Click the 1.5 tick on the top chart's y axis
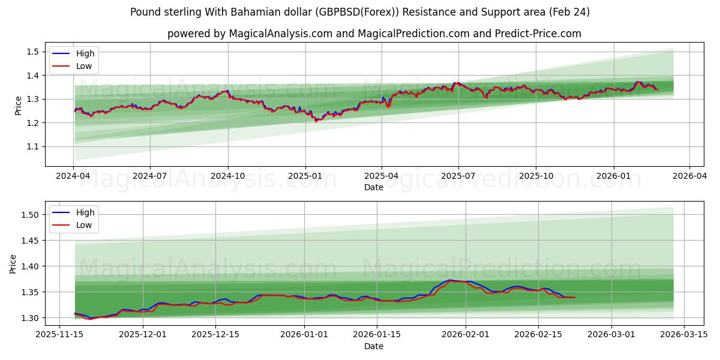click(x=33, y=52)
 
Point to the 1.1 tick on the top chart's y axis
click(x=33, y=146)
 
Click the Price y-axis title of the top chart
click(x=18, y=106)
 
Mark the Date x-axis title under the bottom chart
click(x=373, y=346)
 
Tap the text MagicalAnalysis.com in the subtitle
click(x=281, y=34)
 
